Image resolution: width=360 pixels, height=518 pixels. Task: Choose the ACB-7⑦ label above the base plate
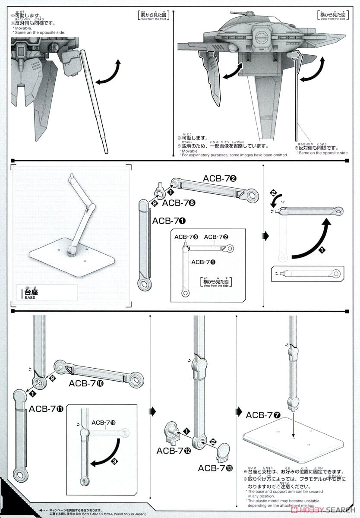tap(263, 415)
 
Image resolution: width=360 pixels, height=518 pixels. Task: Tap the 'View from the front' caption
tap(151, 19)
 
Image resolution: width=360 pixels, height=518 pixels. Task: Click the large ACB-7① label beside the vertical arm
tap(169, 221)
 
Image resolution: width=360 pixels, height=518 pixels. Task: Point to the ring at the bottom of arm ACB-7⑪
tap(19, 476)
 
